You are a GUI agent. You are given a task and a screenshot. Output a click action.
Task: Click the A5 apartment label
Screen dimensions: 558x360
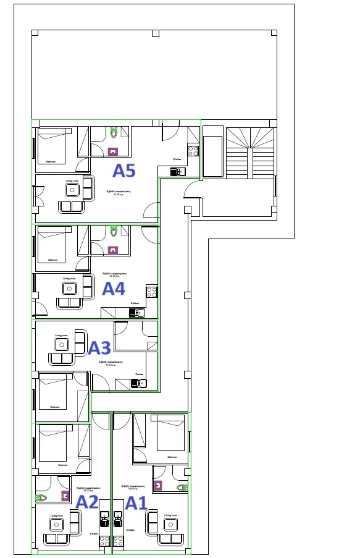point(123,171)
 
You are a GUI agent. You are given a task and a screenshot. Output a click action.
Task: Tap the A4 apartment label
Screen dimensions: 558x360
point(114,289)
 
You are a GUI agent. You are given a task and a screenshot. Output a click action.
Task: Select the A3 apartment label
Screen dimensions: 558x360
point(99,348)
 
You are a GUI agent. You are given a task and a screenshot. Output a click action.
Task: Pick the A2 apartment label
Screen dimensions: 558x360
point(87,502)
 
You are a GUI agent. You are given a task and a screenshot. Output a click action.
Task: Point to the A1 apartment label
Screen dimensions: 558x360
point(136,504)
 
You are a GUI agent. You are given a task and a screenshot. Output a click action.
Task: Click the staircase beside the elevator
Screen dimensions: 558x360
point(249,153)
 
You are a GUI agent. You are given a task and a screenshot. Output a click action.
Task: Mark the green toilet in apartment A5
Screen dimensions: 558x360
point(114,132)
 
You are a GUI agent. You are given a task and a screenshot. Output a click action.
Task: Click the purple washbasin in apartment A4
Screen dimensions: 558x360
point(113,250)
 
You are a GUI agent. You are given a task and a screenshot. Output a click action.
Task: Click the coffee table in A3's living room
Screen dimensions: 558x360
point(62,345)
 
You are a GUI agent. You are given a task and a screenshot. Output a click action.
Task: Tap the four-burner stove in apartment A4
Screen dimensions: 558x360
point(151,290)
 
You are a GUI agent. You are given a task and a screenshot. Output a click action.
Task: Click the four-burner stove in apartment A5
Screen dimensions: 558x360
point(193,150)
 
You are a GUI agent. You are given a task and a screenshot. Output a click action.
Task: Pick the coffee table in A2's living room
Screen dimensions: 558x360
point(56,525)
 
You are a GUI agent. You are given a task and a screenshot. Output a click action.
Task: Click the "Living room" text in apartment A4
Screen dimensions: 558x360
point(69,279)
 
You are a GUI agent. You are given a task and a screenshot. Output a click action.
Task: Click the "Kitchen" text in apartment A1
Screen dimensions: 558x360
point(131,530)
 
